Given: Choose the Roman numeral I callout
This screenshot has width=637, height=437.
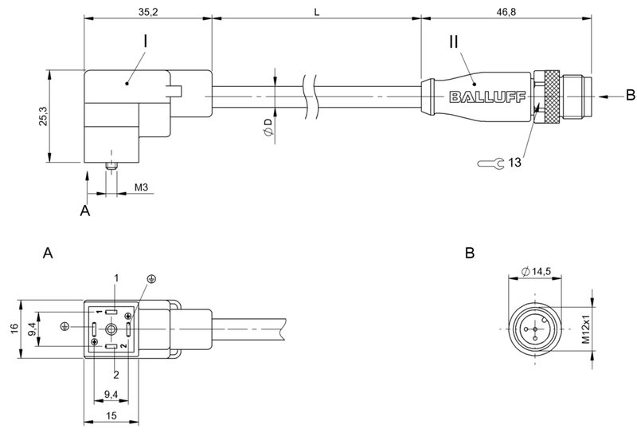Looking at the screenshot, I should point(144,38).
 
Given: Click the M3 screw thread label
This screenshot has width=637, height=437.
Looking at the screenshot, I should point(140,187).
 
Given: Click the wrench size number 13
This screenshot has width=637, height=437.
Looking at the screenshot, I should point(514,163).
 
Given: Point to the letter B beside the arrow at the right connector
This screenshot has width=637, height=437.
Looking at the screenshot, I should point(630,96).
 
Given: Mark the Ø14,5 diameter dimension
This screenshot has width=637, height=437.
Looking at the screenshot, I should point(537,273).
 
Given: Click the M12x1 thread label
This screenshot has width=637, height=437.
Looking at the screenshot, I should point(585,329).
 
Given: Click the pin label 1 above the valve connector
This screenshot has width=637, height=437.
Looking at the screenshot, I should point(116,277).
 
